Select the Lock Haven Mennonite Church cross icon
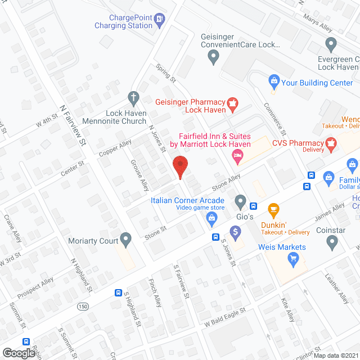tap(133, 97)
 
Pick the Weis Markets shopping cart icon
tap(292, 258)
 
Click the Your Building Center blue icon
tap(274, 82)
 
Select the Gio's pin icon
tap(241, 201)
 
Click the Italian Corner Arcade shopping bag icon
tap(212, 218)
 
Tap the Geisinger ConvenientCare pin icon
tap(213, 56)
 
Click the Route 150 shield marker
tap(83, 305)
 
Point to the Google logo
tap(19, 352)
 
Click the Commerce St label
tap(276, 120)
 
